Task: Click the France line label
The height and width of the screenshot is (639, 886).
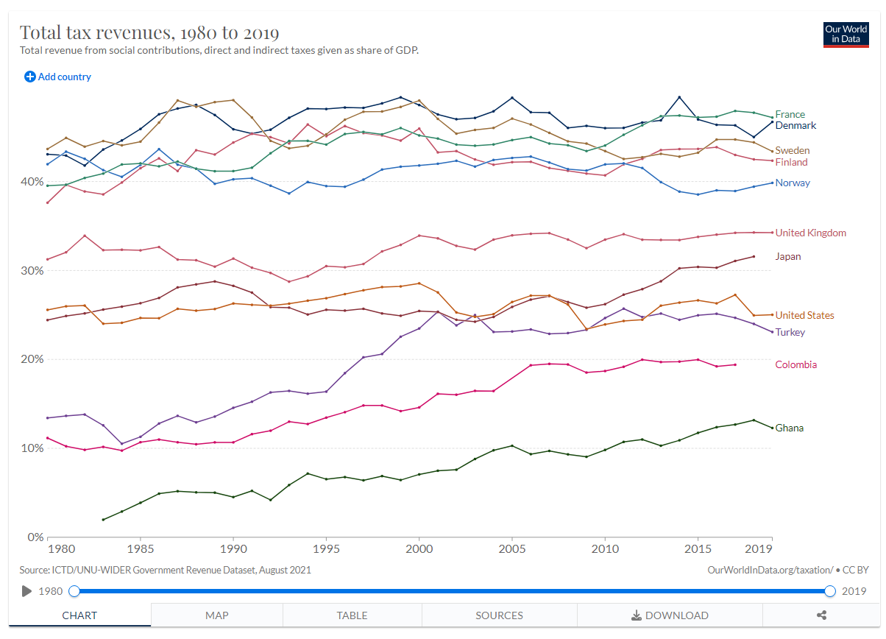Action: pyautogui.click(x=790, y=114)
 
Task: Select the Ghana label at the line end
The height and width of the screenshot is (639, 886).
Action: pyautogui.click(x=789, y=428)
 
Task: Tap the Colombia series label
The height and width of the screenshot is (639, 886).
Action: pyautogui.click(x=795, y=364)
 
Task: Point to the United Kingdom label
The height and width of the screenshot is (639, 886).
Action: pyautogui.click(x=810, y=233)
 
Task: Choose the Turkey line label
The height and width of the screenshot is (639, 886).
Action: pyautogui.click(x=790, y=332)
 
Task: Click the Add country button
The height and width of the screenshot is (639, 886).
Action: pyautogui.click(x=58, y=77)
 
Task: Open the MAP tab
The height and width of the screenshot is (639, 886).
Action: pyautogui.click(x=216, y=615)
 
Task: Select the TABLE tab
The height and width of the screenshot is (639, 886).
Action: pyautogui.click(x=352, y=615)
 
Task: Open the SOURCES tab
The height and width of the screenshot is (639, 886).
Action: pyautogui.click(x=499, y=615)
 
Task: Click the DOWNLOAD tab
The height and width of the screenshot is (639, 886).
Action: pyautogui.click(x=670, y=615)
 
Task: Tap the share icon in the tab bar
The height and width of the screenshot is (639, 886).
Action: pyautogui.click(x=822, y=615)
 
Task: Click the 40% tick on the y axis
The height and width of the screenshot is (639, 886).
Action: pyautogui.click(x=32, y=182)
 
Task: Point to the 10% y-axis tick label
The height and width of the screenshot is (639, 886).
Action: pyautogui.click(x=32, y=448)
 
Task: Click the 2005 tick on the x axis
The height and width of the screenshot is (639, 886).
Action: pyautogui.click(x=511, y=549)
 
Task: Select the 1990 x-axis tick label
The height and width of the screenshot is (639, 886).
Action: pyautogui.click(x=233, y=549)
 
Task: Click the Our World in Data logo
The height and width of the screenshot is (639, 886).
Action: pyautogui.click(x=846, y=35)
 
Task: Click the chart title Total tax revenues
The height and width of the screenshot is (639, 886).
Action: pyautogui.click(x=149, y=33)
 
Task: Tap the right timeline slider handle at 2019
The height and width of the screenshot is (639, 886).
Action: pyautogui.click(x=830, y=591)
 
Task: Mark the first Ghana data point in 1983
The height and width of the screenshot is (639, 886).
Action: pyautogui.click(x=103, y=520)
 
